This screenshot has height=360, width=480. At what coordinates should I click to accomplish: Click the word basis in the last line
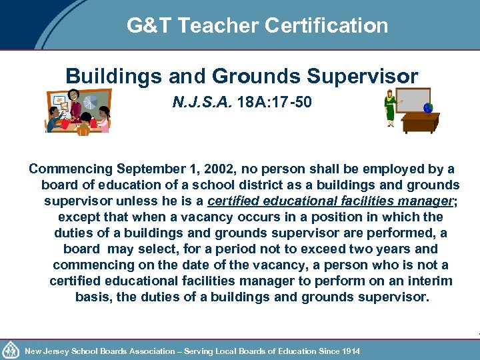click(x=93, y=297)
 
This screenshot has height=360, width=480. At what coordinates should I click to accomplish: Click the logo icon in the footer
click(x=11, y=349)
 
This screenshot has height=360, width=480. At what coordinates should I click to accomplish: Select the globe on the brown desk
click(x=427, y=107)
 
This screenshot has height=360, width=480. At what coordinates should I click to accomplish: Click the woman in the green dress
click(x=389, y=109)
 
